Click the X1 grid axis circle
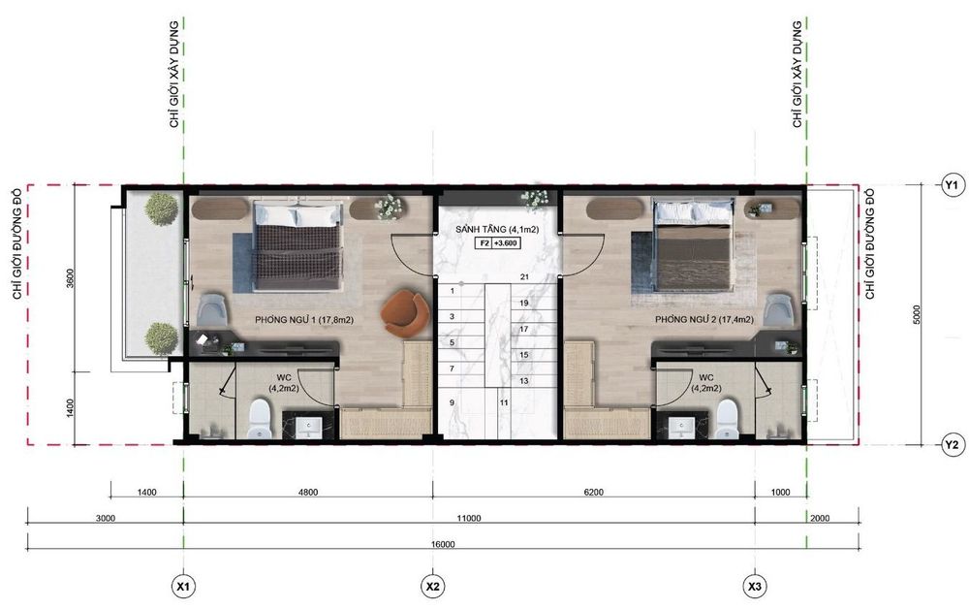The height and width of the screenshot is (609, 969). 183,586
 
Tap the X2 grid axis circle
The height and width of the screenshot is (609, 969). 432,586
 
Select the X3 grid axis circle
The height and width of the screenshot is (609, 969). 755,586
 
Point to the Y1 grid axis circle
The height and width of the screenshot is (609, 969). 953,185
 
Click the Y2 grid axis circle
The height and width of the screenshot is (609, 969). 953,444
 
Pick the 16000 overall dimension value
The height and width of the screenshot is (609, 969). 443,545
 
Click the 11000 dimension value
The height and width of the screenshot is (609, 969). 469,519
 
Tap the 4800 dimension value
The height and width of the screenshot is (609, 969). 308,493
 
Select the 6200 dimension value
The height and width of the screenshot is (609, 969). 593,493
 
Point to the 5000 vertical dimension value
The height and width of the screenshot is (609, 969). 917,315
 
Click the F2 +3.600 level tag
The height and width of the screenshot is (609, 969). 497,243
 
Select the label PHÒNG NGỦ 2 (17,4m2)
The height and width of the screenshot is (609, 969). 704,320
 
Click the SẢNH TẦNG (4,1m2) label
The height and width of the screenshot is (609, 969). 497,230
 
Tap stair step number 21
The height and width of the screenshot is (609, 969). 524,277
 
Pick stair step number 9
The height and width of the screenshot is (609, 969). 453,402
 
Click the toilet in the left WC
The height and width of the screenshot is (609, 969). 259,419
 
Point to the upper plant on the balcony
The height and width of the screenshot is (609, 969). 161,208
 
